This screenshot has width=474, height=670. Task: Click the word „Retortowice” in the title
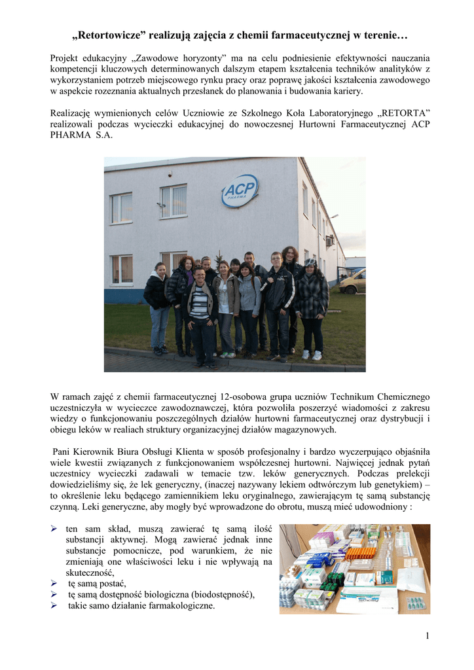(109, 33)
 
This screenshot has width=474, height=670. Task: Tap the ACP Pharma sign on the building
(240, 190)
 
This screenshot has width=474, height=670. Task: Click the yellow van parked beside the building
(353, 281)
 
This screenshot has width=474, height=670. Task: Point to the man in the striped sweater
(199, 308)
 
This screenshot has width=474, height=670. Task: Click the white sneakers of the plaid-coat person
(312, 355)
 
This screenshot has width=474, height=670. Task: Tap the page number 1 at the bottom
(426, 636)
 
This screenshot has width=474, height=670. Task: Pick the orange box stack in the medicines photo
(361, 554)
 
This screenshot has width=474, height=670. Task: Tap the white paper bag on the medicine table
(412, 578)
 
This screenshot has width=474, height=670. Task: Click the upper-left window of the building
(121, 208)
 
